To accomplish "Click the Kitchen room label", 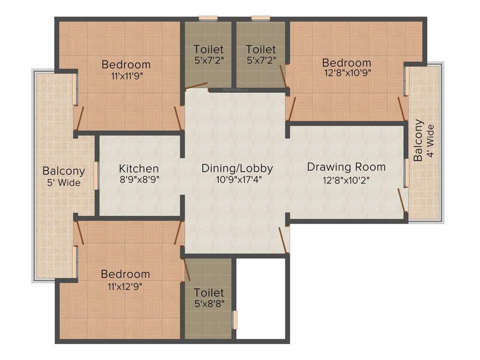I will (139, 168).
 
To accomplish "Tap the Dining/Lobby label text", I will (237, 168).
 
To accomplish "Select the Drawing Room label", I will (346, 167).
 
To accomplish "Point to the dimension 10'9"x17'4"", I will (237, 180).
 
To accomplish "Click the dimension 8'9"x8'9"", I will (139, 180).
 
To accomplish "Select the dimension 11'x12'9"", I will (125, 285).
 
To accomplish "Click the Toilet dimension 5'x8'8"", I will (209, 303).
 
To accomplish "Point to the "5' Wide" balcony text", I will (64, 182).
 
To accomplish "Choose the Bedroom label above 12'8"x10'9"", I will (346, 62).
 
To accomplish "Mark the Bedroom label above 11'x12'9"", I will (125, 274).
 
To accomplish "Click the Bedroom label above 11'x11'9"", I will (126, 64).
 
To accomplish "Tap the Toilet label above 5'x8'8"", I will (209, 292).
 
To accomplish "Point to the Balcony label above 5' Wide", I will (64, 171).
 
